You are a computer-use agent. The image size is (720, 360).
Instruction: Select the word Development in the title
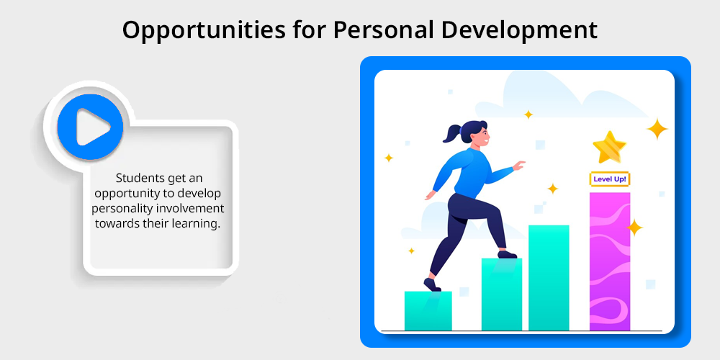coord(519,31)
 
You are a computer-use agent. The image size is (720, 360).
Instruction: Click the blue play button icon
coord(90,127)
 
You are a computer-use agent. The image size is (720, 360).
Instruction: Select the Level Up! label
coord(609,179)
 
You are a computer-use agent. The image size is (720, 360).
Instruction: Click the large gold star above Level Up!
coord(609,147)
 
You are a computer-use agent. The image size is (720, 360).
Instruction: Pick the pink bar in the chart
coord(610,261)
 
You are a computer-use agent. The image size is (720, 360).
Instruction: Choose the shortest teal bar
coord(428,311)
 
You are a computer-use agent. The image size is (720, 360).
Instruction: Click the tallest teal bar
coord(549,278)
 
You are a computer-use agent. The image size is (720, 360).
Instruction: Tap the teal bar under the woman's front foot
coord(501,294)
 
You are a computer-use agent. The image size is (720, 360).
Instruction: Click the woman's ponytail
coord(452,132)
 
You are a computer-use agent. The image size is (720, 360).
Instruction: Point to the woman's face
coord(482,135)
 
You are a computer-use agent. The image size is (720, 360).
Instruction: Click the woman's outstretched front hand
coord(518,166)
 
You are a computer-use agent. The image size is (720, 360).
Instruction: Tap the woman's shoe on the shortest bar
coord(432,285)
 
